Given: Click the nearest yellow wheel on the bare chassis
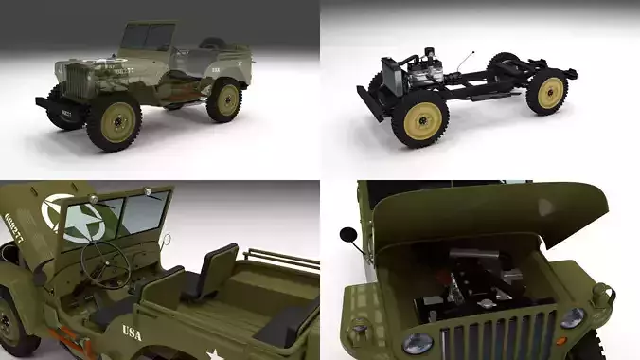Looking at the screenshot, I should coord(418,122).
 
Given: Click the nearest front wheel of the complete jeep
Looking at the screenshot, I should coord(115,123).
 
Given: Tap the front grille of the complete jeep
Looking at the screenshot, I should coord(75,78).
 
